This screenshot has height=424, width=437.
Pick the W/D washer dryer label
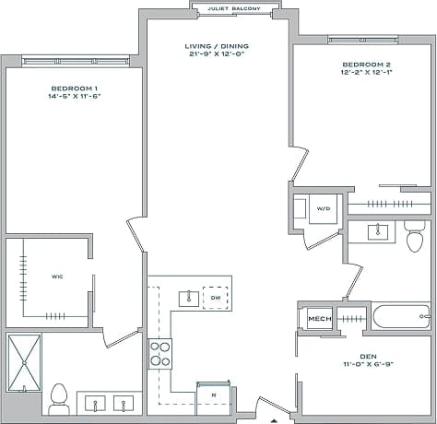(324, 208)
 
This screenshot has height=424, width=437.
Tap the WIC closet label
(56, 276)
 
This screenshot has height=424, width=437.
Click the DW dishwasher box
(215, 297)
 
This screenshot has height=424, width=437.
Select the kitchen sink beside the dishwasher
(188, 297)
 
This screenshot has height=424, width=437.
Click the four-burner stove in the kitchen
(160, 351)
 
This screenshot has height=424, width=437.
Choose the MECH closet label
(319, 319)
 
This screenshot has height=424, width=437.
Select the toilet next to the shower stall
(59, 396)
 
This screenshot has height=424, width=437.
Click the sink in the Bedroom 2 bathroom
(379, 230)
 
